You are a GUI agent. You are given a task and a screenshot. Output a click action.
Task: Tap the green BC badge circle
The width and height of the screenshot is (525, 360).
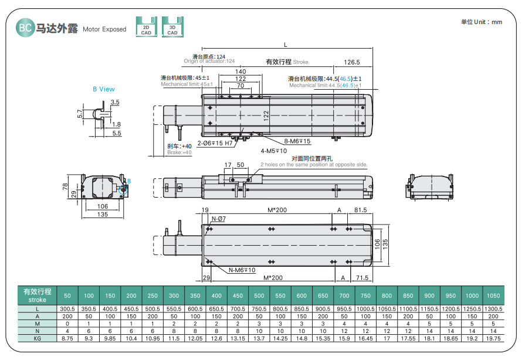pyautogui.click(x=25, y=28)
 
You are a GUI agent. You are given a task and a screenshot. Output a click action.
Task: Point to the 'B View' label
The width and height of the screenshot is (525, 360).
pyautogui.click(x=104, y=89)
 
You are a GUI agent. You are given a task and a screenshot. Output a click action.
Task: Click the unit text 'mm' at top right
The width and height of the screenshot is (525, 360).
pyautogui.click(x=496, y=22)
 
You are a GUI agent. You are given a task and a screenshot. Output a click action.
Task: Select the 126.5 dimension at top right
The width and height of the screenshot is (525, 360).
pyautogui.click(x=351, y=62)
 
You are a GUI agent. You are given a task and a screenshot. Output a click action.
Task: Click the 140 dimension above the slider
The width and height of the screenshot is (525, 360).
pyautogui.click(x=241, y=72)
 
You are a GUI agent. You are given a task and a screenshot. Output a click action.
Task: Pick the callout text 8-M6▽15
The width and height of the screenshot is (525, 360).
pyautogui.click(x=297, y=141)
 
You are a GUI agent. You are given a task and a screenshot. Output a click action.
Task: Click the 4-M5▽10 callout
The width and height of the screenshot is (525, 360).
pyautogui.click(x=273, y=151)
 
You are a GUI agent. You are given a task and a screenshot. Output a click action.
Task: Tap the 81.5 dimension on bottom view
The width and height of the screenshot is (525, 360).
pyautogui.click(x=360, y=210)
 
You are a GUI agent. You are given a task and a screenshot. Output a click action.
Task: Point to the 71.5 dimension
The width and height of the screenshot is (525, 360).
pyautogui.click(x=362, y=277)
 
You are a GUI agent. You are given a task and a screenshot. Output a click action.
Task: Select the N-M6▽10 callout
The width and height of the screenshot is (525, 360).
pyautogui.click(x=242, y=270)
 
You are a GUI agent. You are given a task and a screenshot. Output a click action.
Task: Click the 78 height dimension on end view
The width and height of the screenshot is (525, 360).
pyautogui.click(x=65, y=187)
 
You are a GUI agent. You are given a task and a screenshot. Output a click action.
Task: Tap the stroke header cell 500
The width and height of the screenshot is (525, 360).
pyautogui.click(x=259, y=296)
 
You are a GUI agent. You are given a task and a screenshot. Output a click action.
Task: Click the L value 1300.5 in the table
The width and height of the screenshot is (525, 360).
pyautogui.click(x=493, y=308)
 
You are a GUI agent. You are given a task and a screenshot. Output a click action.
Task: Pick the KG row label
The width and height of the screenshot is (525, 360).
pyautogui.click(x=37, y=338)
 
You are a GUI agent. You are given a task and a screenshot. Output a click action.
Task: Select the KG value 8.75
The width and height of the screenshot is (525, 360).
pyautogui.click(x=67, y=338)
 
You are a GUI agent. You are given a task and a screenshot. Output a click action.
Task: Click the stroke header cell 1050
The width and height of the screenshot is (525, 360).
pyautogui.click(x=493, y=296)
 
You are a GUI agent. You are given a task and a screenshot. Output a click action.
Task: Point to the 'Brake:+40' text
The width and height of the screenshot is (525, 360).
pyautogui.click(x=179, y=152)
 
